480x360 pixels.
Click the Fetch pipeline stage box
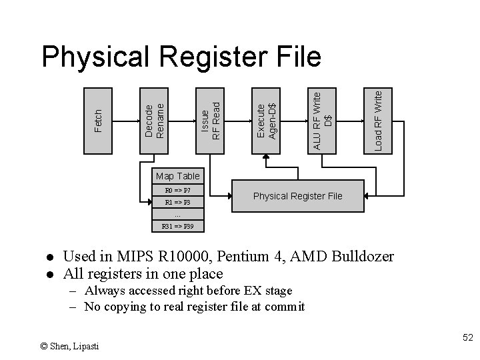coord(99,120)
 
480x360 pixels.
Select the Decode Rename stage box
coord(155,120)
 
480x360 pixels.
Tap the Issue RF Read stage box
coord(211,120)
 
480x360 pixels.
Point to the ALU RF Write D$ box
coord(323,120)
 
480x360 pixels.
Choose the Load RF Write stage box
coord(378,120)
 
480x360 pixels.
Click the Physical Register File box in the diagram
coord(298,196)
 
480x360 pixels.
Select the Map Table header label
coord(177,176)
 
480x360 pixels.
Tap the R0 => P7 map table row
coord(177,190)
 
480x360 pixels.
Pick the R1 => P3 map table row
coord(177,202)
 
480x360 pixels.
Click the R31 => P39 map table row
coord(177,227)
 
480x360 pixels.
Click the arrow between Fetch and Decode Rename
coord(127,120)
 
